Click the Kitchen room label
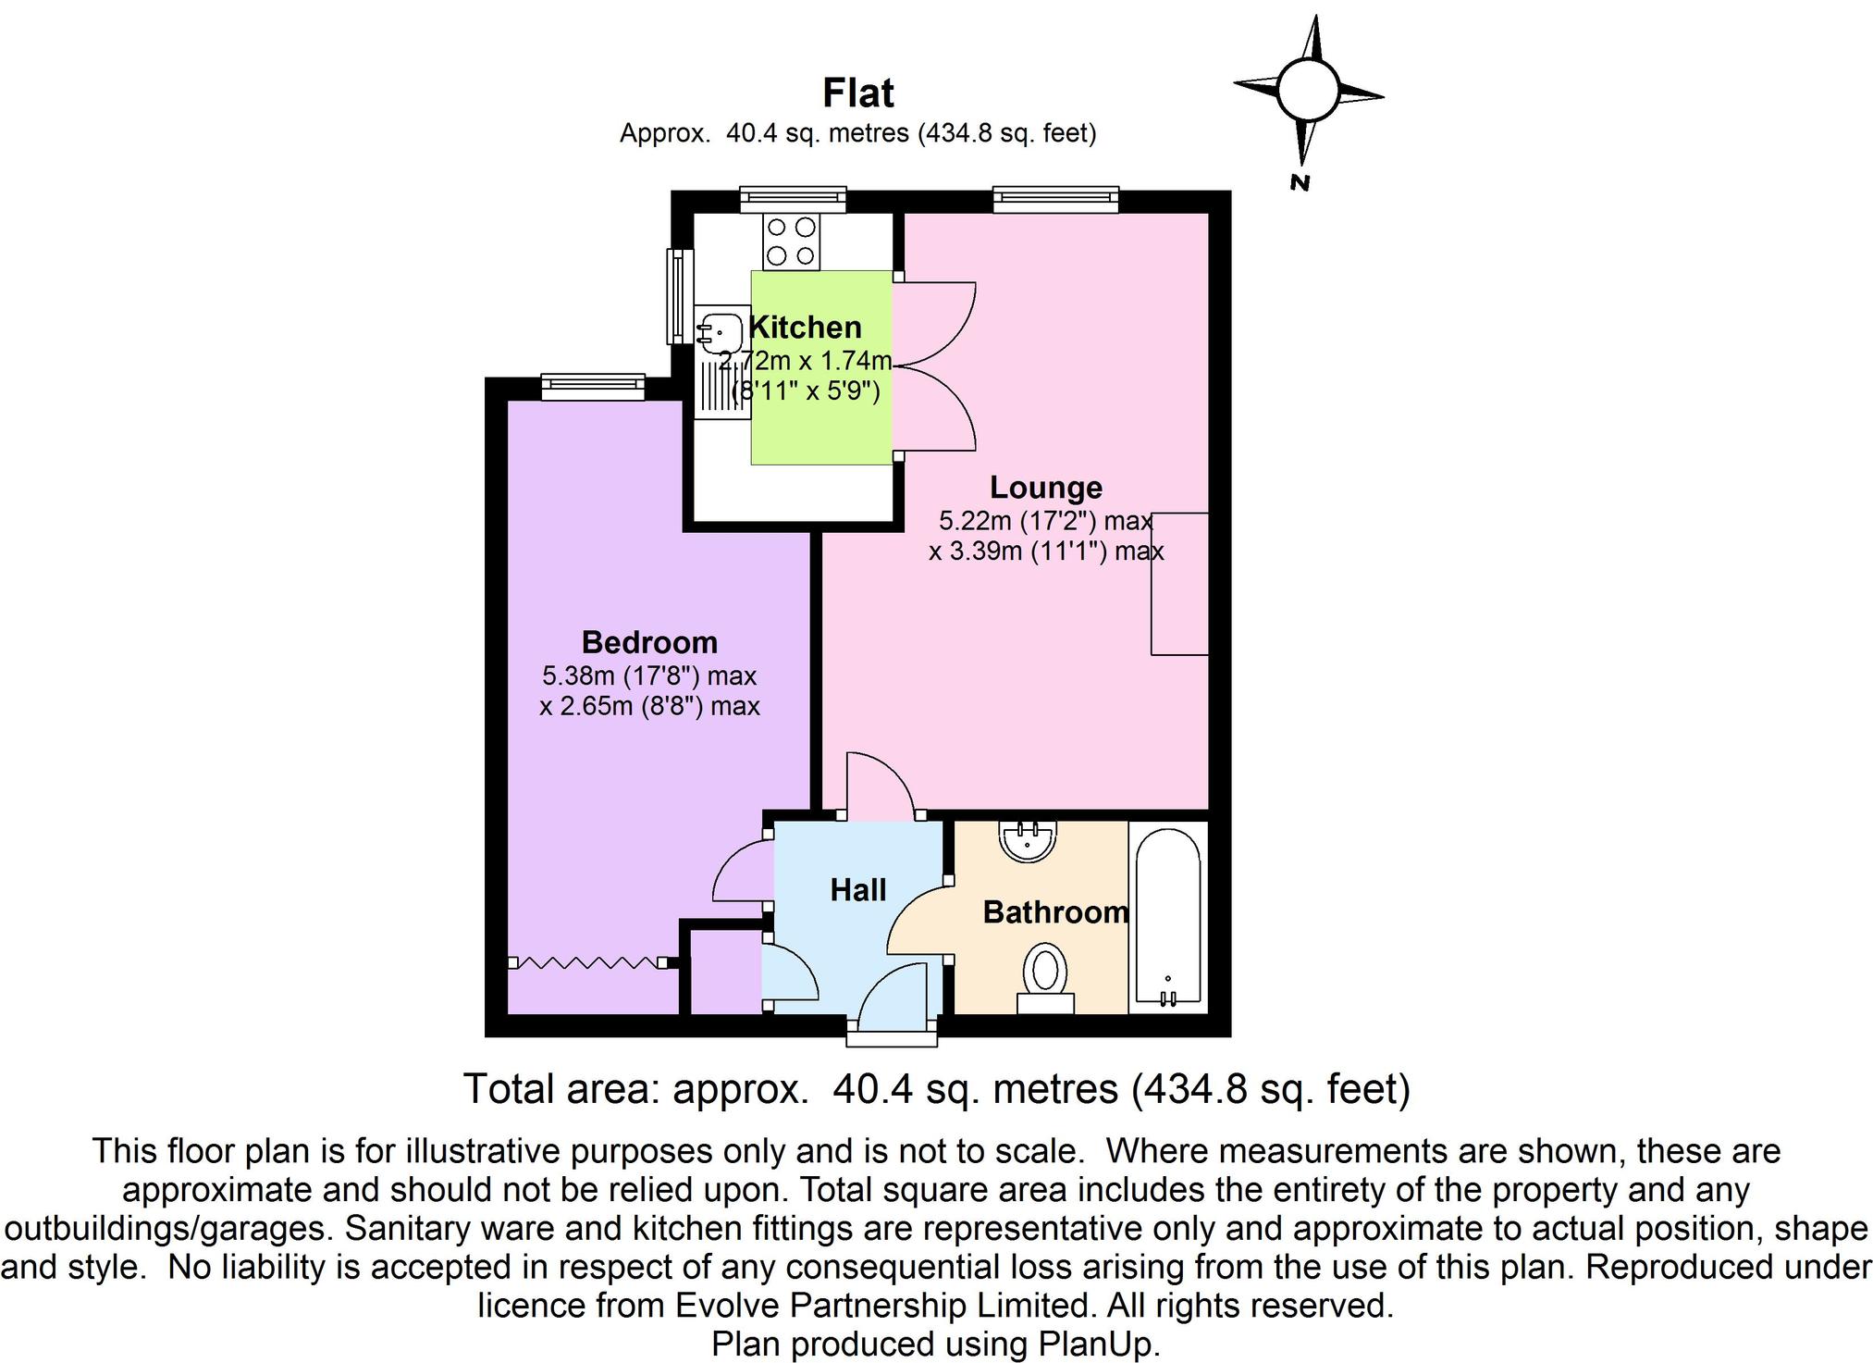coord(805,328)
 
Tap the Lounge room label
coord(1045,488)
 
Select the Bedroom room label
coord(649,642)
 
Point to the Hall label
coord(857,890)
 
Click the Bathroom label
coord(1054,912)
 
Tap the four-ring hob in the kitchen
coord(791,241)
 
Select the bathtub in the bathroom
coord(1167,916)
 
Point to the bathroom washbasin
coord(1028,839)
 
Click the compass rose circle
coord(1307,91)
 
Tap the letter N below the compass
coord(1300,182)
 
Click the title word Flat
coord(858,93)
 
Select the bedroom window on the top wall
coord(592,386)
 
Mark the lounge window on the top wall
coord(1055,198)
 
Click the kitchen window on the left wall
coord(680,296)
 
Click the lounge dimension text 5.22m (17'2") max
coord(1045,521)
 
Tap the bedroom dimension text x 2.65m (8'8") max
coord(649,707)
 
